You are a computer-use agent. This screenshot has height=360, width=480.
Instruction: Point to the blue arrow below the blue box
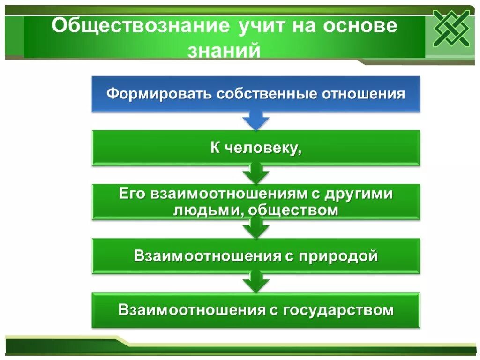click(x=255, y=121)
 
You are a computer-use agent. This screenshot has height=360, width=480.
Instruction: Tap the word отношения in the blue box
click(x=363, y=94)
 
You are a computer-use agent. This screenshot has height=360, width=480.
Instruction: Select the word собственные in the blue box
click(x=267, y=94)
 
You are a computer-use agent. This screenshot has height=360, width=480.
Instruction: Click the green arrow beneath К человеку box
click(x=255, y=174)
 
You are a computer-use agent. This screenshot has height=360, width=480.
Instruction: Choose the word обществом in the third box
click(x=292, y=210)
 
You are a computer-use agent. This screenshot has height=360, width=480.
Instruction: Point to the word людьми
click(x=207, y=210)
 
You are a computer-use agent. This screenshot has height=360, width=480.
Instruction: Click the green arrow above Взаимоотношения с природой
click(x=255, y=229)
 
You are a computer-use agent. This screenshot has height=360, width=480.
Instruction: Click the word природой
click(x=336, y=256)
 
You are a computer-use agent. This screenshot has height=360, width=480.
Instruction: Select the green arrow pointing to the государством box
click(x=255, y=283)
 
